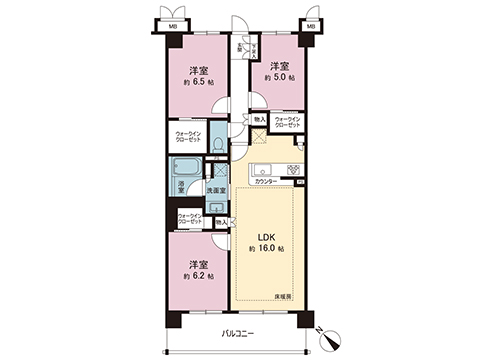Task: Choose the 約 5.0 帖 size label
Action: point(279,77)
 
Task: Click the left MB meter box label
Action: point(172,25)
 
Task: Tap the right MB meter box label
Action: point(311,25)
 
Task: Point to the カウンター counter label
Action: point(266,181)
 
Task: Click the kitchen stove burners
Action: point(292,165)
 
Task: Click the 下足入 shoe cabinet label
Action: point(240,49)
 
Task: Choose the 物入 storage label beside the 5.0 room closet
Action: point(259,119)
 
